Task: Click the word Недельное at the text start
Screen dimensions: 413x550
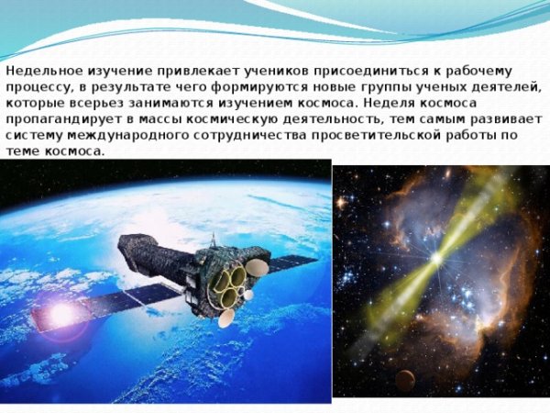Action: pos(38,71)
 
